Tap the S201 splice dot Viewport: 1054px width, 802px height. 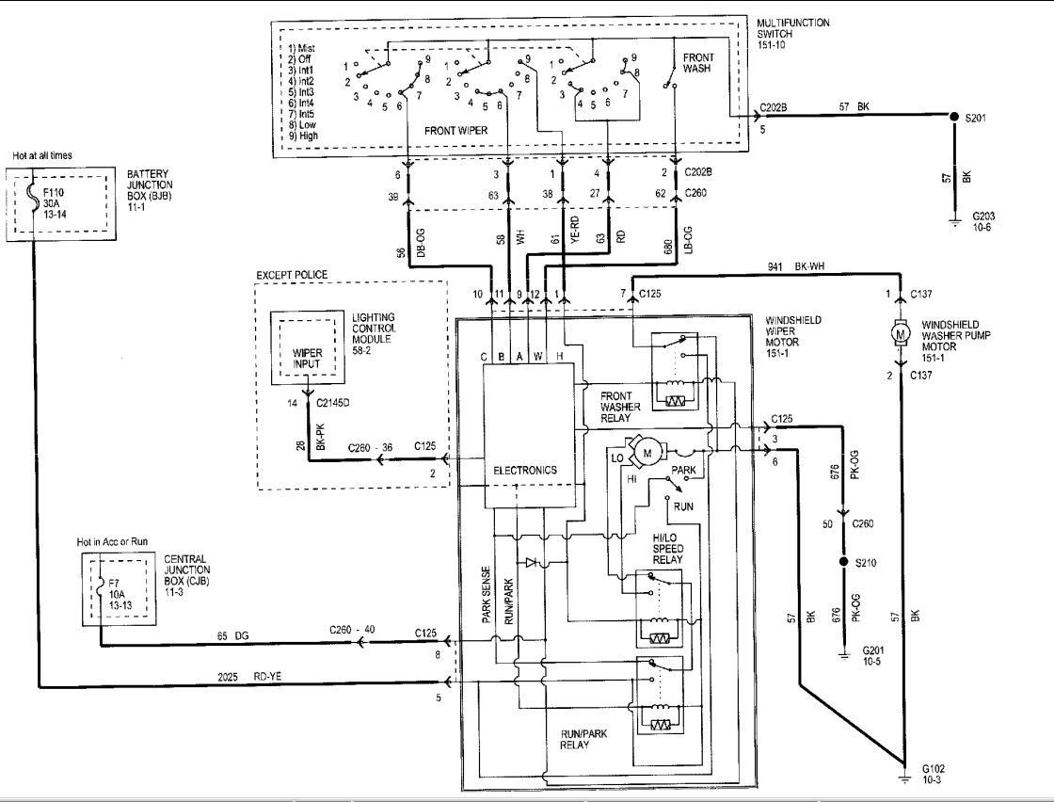[952, 118]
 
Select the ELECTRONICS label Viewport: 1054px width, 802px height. [525, 469]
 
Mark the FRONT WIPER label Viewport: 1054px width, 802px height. [455, 131]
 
